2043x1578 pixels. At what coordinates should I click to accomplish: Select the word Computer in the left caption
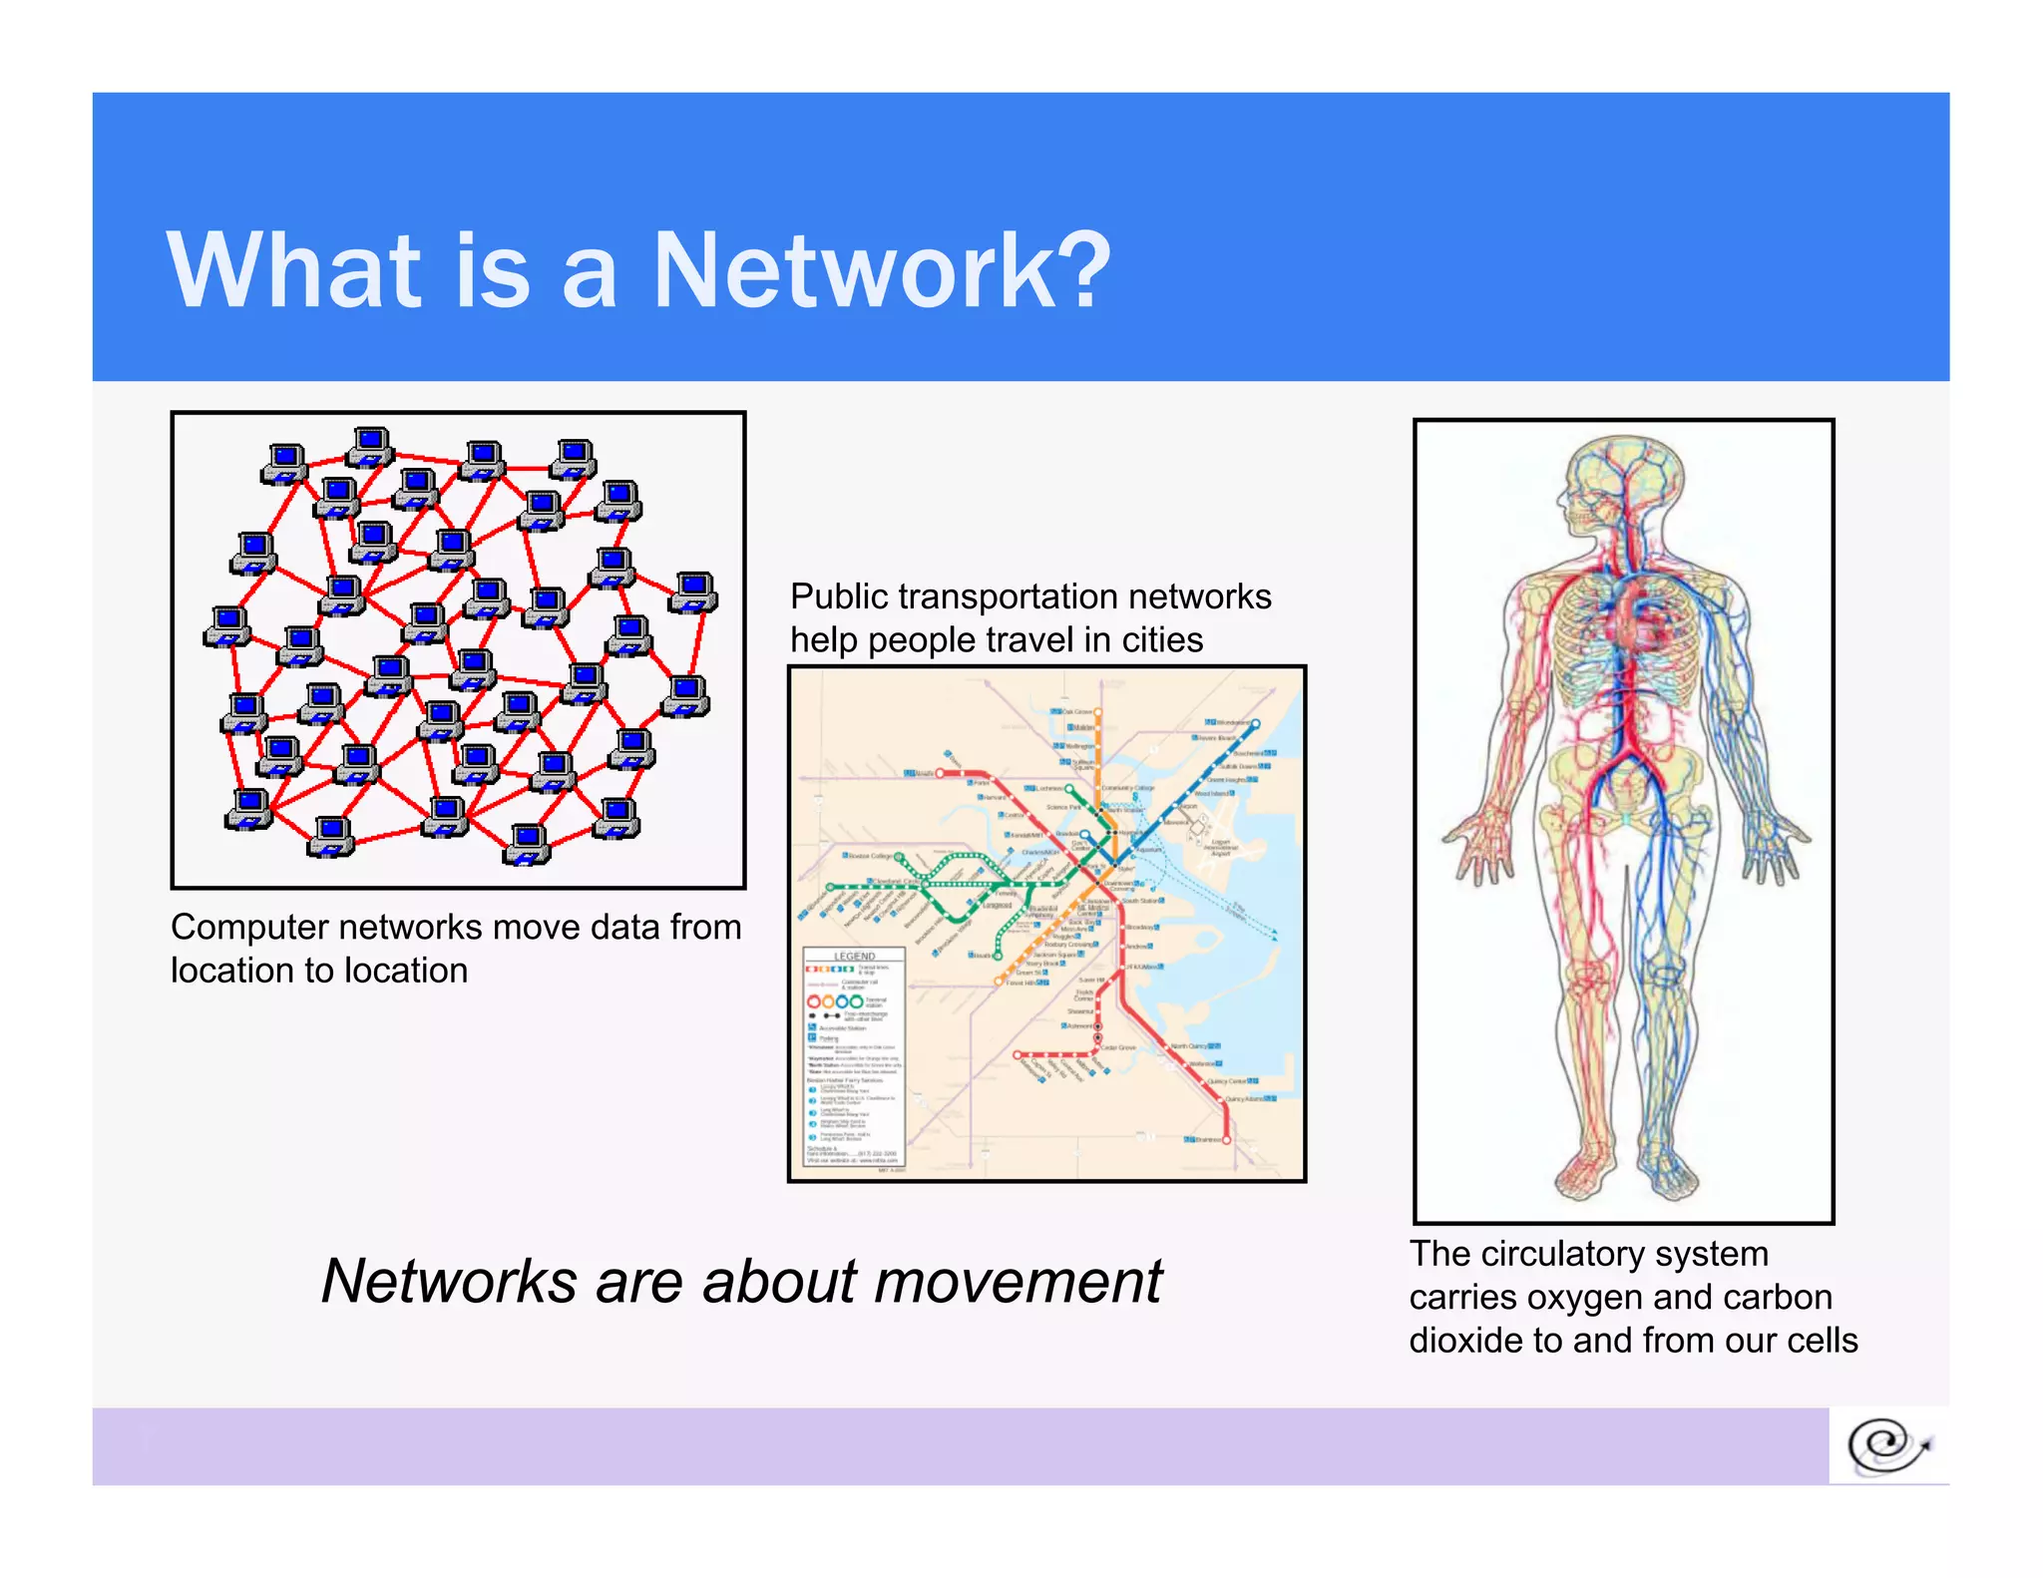(x=249, y=928)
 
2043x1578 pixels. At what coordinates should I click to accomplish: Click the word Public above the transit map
(x=839, y=596)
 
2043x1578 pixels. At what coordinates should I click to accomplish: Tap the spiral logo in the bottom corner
(x=1887, y=1446)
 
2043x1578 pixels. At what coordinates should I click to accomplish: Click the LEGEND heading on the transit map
(x=854, y=956)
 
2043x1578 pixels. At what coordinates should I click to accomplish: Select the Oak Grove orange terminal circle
(x=1098, y=712)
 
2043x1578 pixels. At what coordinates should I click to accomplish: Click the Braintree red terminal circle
(x=1226, y=1139)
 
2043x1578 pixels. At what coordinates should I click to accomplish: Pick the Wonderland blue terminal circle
(x=1256, y=723)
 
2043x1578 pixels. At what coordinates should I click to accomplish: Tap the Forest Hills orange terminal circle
(x=998, y=983)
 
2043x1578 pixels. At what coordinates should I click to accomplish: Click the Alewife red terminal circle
(x=940, y=773)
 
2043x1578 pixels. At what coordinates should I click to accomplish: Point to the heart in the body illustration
(x=1636, y=618)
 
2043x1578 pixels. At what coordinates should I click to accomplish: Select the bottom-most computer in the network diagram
(x=527, y=844)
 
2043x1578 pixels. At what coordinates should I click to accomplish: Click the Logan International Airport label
(x=1221, y=847)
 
